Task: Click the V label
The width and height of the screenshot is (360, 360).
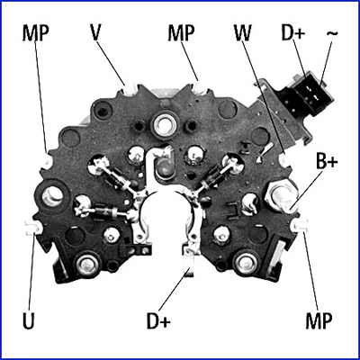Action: click(x=95, y=33)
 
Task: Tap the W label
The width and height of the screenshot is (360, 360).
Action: click(x=242, y=33)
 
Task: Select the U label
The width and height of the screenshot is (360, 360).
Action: click(x=29, y=320)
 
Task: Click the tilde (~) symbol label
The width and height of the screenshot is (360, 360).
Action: click(x=332, y=33)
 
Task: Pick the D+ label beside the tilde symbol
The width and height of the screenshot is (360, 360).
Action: click(x=293, y=33)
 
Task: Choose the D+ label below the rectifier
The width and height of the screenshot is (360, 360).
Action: click(x=158, y=320)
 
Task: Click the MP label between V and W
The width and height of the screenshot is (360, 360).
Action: click(x=181, y=33)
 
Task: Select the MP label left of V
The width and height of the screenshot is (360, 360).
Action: click(x=35, y=33)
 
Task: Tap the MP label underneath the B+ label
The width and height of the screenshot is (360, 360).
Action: click(x=319, y=320)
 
